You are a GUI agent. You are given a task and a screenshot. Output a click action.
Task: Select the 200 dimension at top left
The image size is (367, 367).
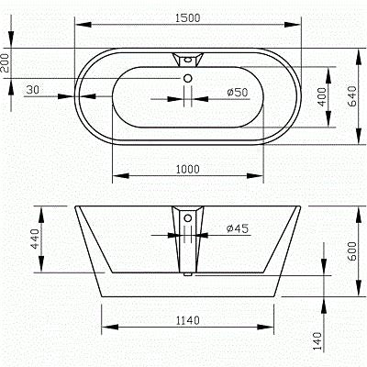click(x=7, y=62)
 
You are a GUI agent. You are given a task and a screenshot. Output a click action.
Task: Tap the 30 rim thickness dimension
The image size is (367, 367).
click(x=33, y=89)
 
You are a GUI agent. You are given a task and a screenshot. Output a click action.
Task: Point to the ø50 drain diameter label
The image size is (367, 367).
click(x=237, y=92)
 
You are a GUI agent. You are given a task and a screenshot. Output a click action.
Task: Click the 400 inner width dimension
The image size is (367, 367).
click(x=322, y=96)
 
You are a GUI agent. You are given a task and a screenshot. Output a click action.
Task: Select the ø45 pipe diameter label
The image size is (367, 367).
click(x=238, y=228)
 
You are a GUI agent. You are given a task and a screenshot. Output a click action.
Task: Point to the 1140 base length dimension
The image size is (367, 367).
click(x=187, y=320)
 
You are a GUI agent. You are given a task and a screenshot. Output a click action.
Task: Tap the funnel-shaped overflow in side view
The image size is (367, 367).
click(x=187, y=220)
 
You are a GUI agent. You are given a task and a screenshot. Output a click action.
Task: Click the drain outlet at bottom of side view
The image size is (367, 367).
click(x=187, y=268)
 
